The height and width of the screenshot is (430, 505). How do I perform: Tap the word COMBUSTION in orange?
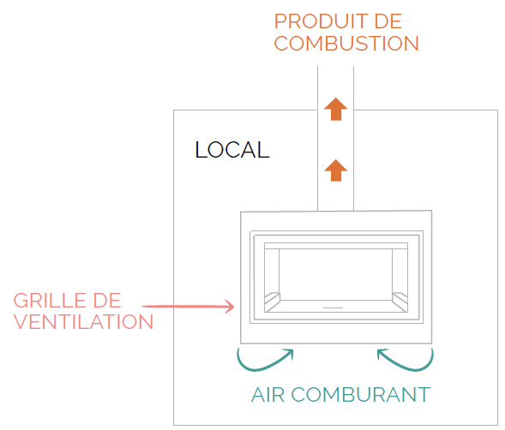click(x=346, y=43)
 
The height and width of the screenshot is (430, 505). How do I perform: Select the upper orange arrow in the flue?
click(x=335, y=109)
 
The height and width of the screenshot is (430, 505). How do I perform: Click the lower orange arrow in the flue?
click(x=335, y=170)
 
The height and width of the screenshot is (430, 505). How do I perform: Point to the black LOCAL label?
click(x=232, y=150)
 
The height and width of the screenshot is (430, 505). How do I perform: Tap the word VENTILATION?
click(x=83, y=322)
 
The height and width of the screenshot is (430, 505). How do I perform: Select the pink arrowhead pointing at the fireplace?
click(x=229, y=307)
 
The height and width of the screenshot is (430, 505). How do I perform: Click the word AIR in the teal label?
click(x=268, y=395)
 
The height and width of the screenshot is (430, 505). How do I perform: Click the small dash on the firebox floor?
click(x=333, y=308)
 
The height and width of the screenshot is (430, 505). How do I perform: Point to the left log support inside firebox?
click(x=272, y=300)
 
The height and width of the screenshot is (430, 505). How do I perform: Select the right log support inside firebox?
click(x=400, y=300)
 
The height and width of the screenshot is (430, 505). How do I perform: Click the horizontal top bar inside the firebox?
click(x=336, y=246)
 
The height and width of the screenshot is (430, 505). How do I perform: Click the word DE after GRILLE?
click(x=107, y=301)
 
